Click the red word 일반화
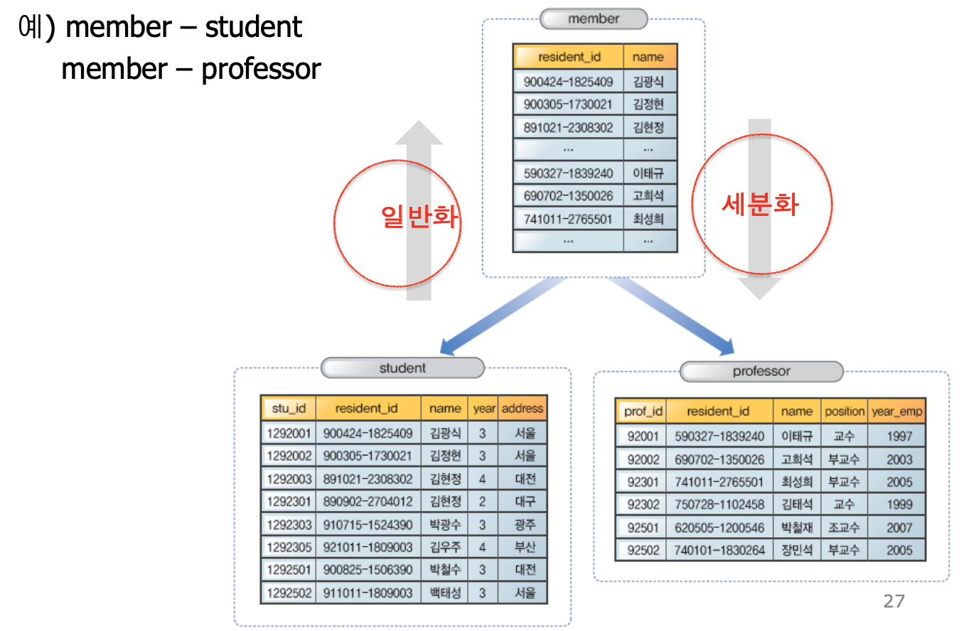point(419,217)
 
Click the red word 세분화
point(759,204)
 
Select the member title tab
point(594,19)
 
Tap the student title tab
point(402,368)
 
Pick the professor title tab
point(761,372)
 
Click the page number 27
point(894,602)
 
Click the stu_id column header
point(289,409)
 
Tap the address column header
point(523,409)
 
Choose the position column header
point(845,411)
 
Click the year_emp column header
point(897,411)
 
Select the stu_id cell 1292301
point(289,502)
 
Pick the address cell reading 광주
point(525,524)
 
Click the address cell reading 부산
point(525,547)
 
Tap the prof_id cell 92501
point(643,528)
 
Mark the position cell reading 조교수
point(844,528)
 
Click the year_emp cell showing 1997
point(899,436)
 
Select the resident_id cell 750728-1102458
point(719,505)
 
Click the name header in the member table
point(648,57)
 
